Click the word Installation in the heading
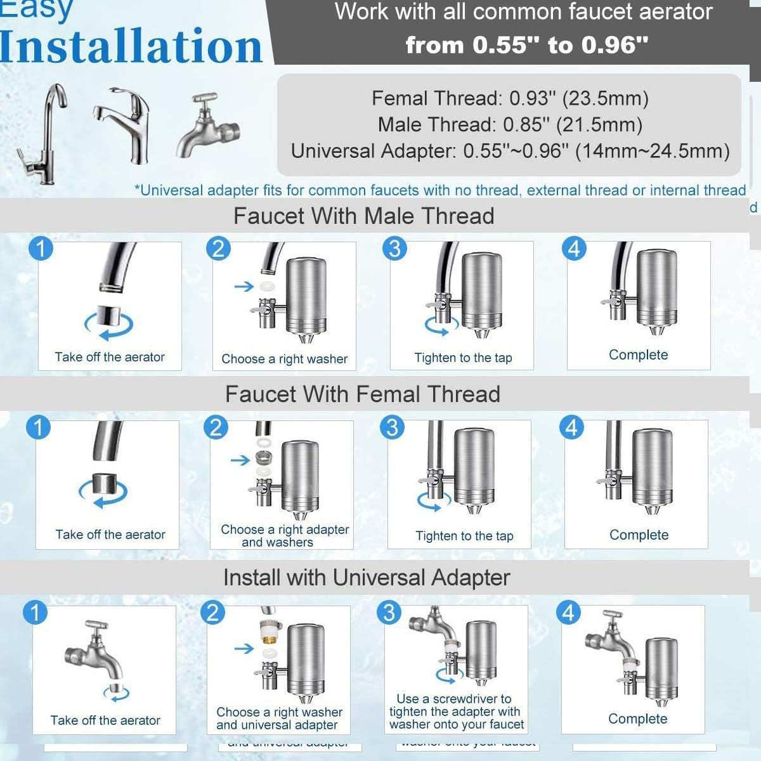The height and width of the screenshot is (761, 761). click(x=131, y=46)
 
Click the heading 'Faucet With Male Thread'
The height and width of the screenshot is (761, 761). click(x=363, y=216)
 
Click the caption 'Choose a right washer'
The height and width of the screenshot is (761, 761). click(x=284, y=359)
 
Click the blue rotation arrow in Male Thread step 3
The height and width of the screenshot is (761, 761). click(x=441, y=325)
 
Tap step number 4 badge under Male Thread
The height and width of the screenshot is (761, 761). click(x=574, y=248)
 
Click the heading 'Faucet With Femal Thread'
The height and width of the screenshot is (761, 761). click(x=362, y=394)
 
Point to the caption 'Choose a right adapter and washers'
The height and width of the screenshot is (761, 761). click(x=284, y=536)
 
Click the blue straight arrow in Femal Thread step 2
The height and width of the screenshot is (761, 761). click(x=240, y=460)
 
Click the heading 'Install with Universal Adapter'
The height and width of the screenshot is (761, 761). click(x=367, y=577)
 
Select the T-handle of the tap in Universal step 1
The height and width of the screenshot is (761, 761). click(x=95, y=627)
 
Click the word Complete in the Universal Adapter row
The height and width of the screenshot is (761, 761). click(x=637, y=719)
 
